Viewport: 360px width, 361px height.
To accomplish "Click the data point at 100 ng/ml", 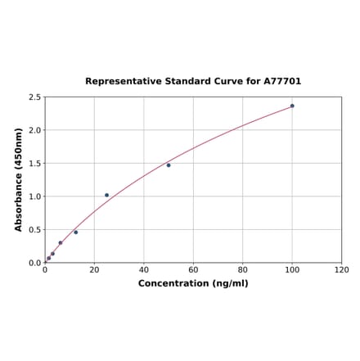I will pos(292,106).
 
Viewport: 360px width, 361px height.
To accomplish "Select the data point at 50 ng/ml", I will pos(169,165).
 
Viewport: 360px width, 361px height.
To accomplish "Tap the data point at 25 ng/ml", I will pos(106,195).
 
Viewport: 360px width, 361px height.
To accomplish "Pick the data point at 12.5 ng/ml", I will pos(76,232).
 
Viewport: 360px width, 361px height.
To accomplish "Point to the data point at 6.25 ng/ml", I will pos(61,242).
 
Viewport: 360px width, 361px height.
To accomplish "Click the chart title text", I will pos(193,82).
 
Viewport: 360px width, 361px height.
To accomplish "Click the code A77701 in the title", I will pos(282,82).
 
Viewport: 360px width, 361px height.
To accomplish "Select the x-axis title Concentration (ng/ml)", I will pos(193,283).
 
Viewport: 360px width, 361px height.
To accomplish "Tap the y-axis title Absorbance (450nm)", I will pos(19,179).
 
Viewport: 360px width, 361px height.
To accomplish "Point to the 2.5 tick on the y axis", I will pos(35,97).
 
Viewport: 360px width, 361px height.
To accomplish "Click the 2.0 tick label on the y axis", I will pos(35,130).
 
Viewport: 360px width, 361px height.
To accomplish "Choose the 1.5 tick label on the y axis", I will pos(35,164).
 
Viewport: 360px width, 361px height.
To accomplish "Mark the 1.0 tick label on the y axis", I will pos(35,196).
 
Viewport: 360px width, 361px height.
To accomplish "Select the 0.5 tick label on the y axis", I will pos(35,230).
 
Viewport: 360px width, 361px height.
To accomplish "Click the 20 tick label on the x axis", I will pos(94,270).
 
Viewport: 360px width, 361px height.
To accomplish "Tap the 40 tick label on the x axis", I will pos(144,270).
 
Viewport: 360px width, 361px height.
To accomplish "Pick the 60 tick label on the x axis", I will pos(193,270).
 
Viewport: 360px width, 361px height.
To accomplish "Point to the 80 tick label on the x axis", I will pos(243,270).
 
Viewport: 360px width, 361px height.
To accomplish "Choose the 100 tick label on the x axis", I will pos(292,270).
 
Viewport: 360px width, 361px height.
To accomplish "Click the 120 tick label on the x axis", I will pos(342,270).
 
